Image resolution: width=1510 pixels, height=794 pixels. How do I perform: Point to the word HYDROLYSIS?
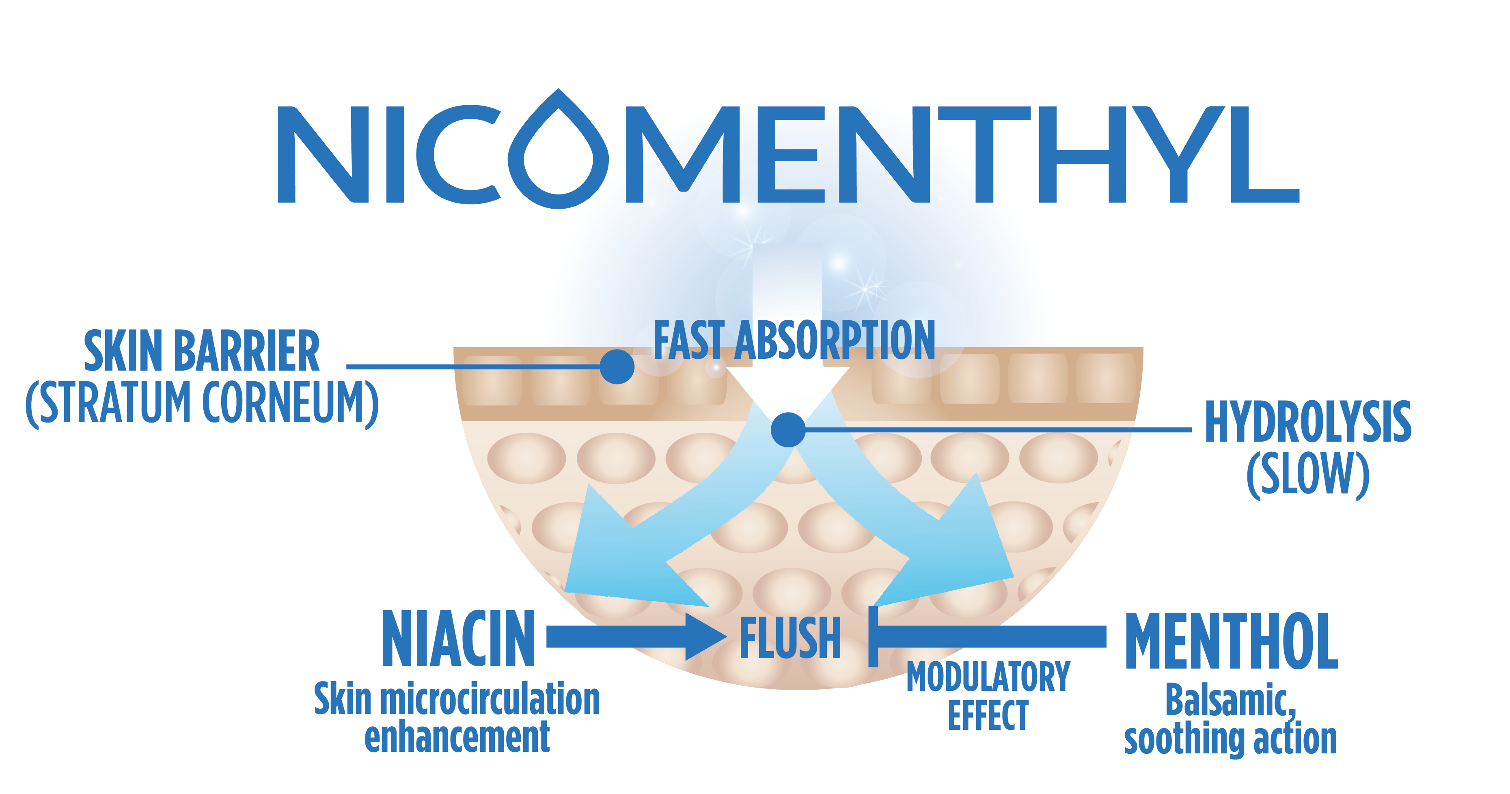(x=1308, y=422)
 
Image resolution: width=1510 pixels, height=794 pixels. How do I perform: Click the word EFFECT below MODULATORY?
(x=988, y=715)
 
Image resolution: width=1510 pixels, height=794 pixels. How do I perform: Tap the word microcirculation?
(x=490, y=699)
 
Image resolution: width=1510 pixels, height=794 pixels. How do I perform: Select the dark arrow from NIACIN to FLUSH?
(x=633, y=636)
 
